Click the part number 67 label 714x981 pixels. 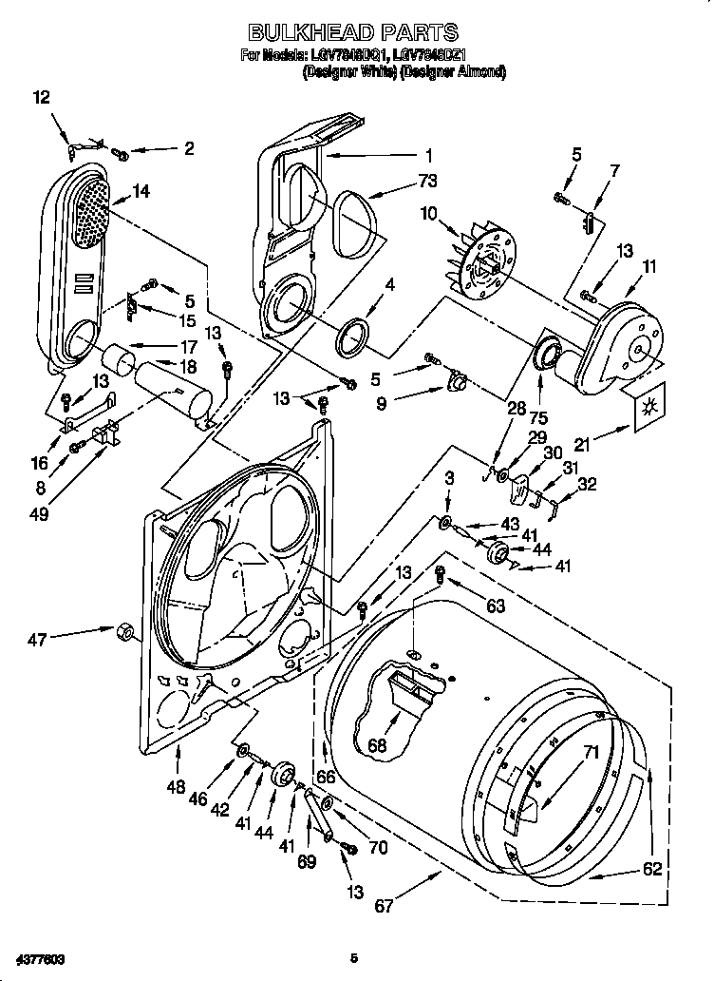point(384,905)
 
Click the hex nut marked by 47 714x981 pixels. point(122,632)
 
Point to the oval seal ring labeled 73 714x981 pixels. point(352,215)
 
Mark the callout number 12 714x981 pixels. point(41,97)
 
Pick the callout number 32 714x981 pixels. point(587,484)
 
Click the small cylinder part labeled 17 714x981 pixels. point(119,362)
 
